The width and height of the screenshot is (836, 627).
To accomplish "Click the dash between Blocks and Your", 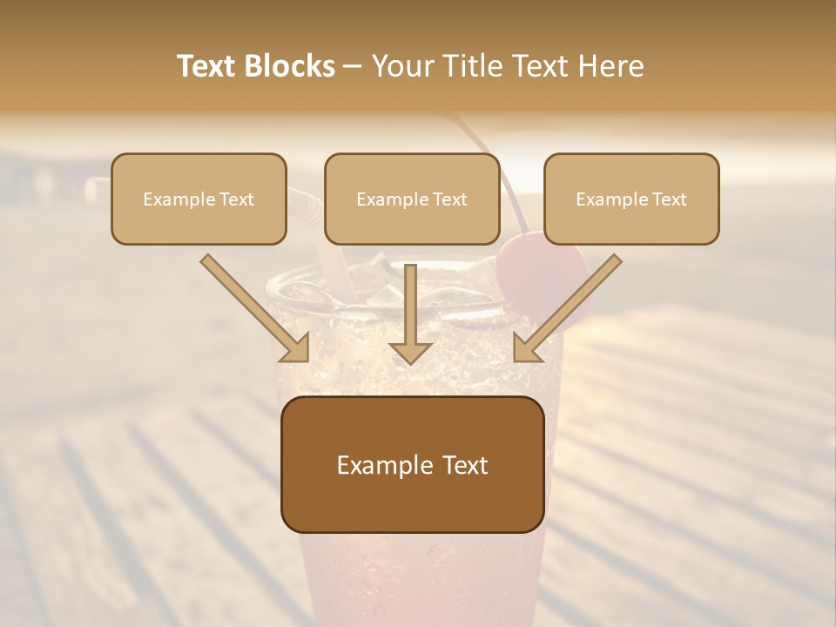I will [354, 66].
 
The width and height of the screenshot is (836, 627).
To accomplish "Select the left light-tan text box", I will [199, 199].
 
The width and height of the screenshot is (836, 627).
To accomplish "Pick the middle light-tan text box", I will [412, 199].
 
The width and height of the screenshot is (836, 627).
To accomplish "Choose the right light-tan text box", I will [631, 199].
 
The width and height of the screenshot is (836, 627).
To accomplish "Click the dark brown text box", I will [413, 464].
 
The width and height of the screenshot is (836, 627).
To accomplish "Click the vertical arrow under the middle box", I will [410, 309].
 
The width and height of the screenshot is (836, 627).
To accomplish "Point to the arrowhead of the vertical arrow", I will [410, 352].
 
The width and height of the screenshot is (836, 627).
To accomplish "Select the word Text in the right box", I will [669, 199].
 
